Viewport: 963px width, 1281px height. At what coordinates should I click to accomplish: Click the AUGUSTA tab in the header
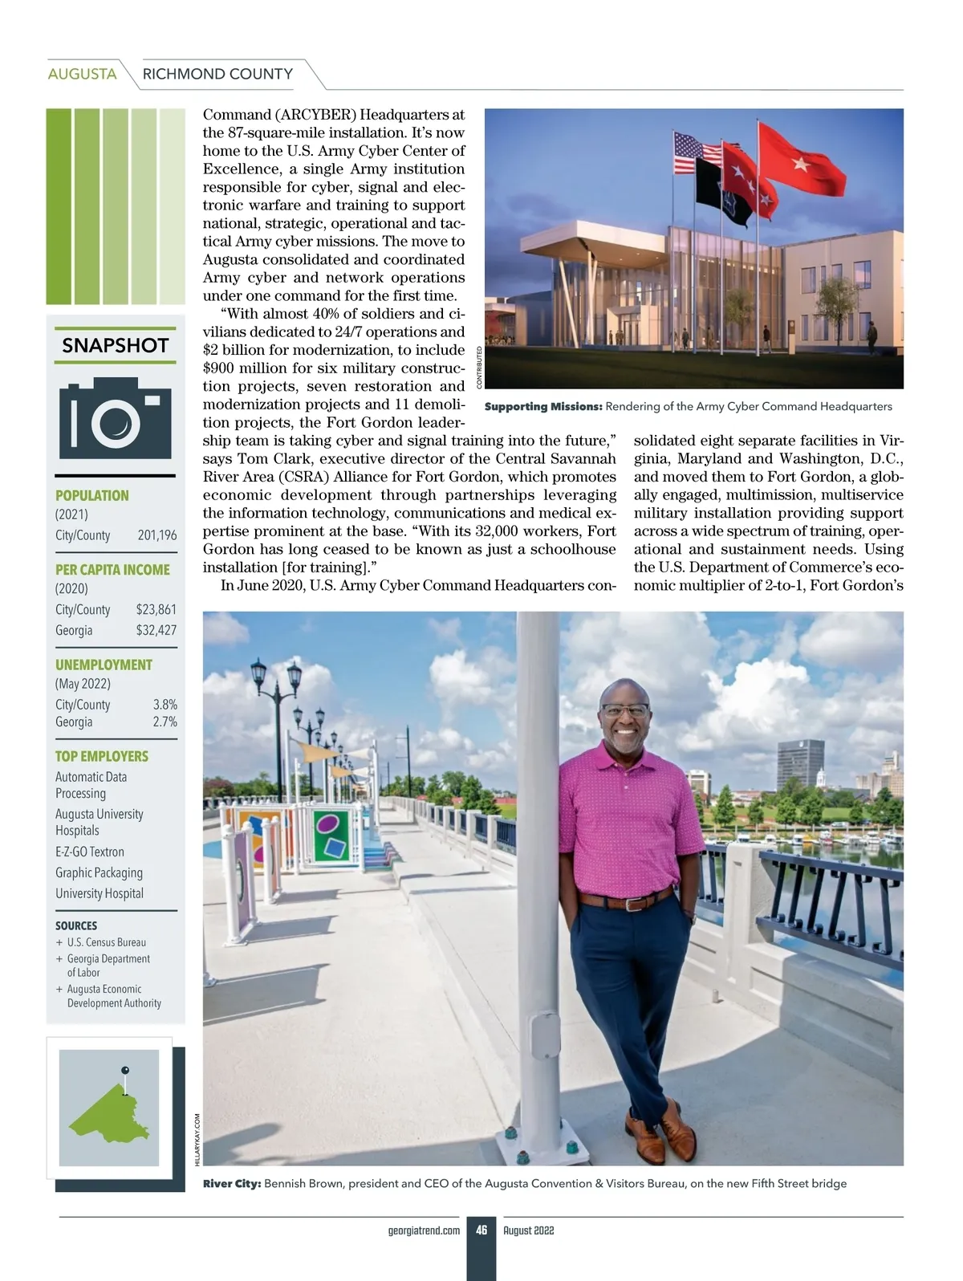coord(82,74)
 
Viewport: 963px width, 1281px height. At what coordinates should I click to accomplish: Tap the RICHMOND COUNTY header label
coord(217,74)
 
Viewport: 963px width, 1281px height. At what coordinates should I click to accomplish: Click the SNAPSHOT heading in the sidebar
coord(115,346)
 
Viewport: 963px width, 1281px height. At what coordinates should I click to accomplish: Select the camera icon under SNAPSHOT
coord(115,418)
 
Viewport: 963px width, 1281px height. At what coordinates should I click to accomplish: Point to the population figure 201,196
coord(157,535)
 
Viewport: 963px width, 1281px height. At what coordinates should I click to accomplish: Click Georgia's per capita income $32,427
coord(156,630)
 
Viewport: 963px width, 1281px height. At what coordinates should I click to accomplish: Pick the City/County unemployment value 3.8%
coord(165,705)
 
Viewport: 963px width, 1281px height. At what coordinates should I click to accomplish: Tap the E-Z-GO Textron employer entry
coord(90,852)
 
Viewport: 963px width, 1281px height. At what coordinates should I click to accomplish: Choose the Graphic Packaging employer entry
coord(99,872)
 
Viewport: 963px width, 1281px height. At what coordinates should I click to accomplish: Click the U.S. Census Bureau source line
coord(106,942)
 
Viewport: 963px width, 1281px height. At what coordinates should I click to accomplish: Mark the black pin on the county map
coord(124,1070)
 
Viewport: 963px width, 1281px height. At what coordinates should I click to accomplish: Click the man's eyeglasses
coord(624,710)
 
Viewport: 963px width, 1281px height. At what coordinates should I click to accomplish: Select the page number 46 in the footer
coord(481,1230)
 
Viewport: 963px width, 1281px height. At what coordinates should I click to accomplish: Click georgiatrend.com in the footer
coord(424,1230)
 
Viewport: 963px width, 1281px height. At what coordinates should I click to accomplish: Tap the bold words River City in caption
coord(232,1184)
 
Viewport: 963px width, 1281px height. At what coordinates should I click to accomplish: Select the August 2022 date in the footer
coord(529,1230)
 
